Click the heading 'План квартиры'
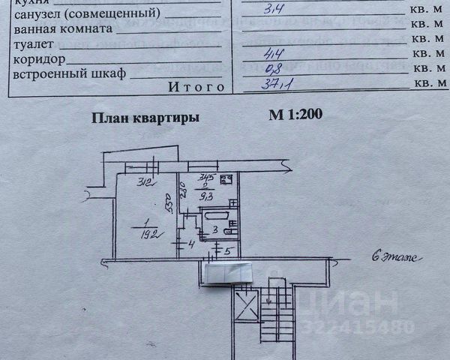[145, 117]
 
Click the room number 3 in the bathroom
[214, 230]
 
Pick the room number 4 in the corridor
[191, 244]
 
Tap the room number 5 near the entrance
[226, 250]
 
